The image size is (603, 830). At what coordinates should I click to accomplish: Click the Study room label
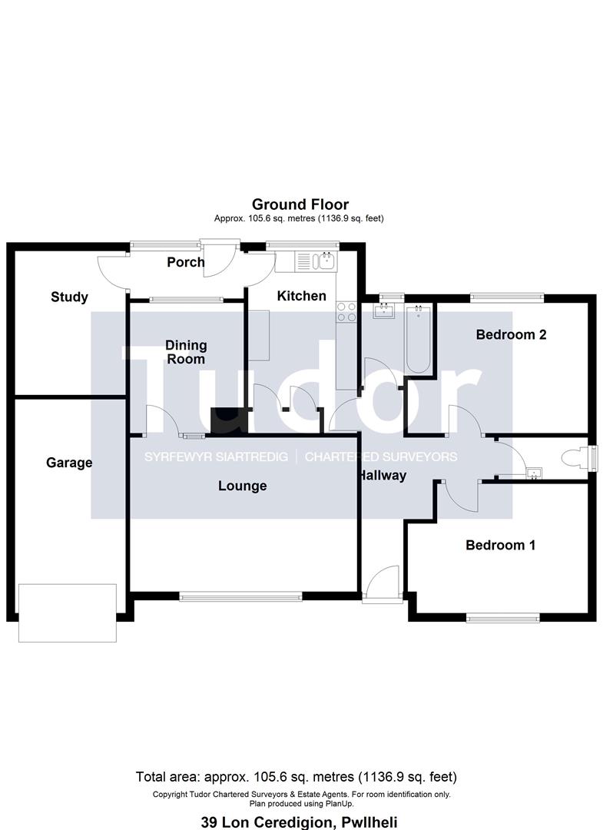pyautogui.click(x=69, y=297)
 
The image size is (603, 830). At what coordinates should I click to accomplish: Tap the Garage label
pyautogui.click(x=69, y=463)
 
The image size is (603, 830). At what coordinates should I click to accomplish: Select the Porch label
pyautogui.click(x=185, y=262)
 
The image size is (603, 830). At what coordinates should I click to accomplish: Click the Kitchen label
pyautogui.click(x=301, y=296)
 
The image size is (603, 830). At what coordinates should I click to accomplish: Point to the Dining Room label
pyautogui.click(x=186, y=353)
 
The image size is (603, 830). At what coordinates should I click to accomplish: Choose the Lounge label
pyautogui.click(x=242, y=486)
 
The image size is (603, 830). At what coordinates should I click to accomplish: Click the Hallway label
pyautogui.click(x=382, y=476)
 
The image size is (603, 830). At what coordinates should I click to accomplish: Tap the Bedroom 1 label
pyautogui.click(x=500, y=545)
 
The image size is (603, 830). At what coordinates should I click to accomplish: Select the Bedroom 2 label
pyautogui.click(x=511, y=334)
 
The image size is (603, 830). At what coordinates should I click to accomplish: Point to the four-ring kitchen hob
pyautogui.click(x=346, y=311)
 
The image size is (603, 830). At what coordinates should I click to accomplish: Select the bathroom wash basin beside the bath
pyautogui.click(x=383, y=310)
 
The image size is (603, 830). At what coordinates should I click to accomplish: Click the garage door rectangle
pyautogui.click(x=68, y=613)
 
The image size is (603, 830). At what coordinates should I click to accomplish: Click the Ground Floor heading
pyautogui.click(x=300, y=204)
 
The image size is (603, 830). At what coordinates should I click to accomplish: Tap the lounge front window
pyautogui.click(x=241, y=595)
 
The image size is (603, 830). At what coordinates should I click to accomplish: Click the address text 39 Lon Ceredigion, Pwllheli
pyautogui.click(x=300, y=822)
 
